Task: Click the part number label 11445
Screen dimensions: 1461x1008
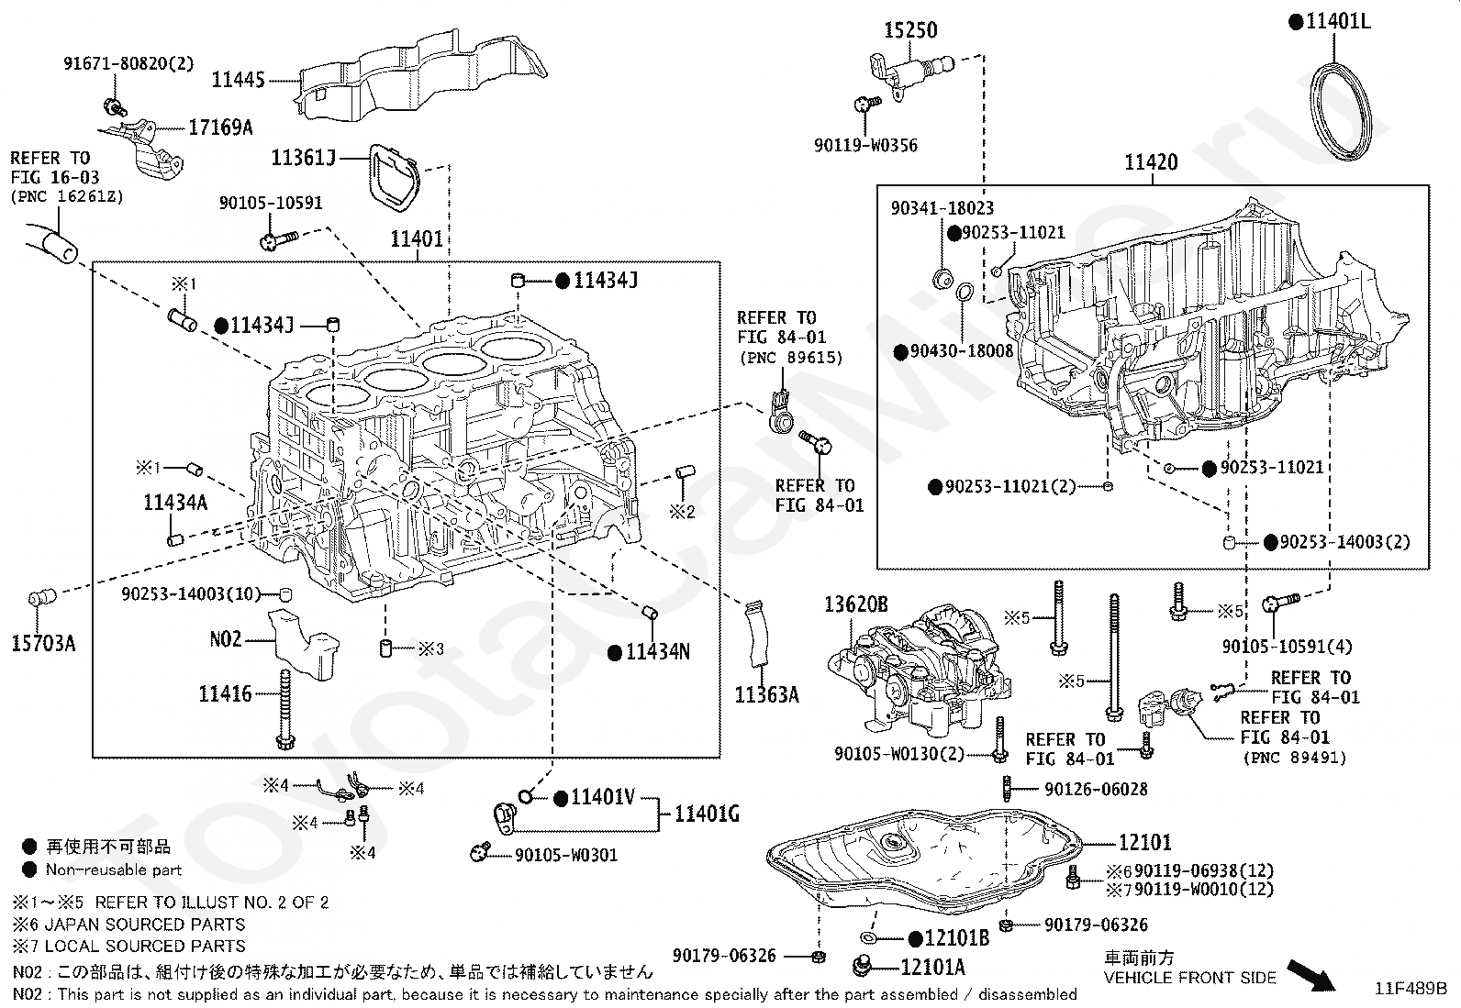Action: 238,80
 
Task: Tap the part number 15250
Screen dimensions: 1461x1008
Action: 910,30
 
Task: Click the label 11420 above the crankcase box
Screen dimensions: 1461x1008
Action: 1151,161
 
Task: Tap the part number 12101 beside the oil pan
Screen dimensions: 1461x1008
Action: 1145,842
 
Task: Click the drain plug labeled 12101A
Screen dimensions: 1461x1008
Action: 863,966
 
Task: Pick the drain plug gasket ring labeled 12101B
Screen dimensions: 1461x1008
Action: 869,938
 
